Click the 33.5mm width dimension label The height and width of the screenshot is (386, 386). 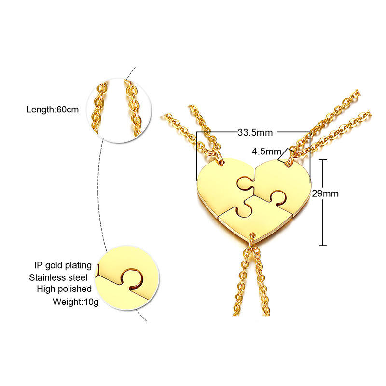point(254,131)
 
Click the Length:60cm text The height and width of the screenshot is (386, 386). point(53,110)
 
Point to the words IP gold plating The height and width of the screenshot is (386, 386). point(63,265)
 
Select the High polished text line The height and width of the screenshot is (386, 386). point(64,289)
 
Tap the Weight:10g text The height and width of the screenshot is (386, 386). point(71,303)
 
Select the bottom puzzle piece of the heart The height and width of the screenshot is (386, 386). point(256,217)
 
